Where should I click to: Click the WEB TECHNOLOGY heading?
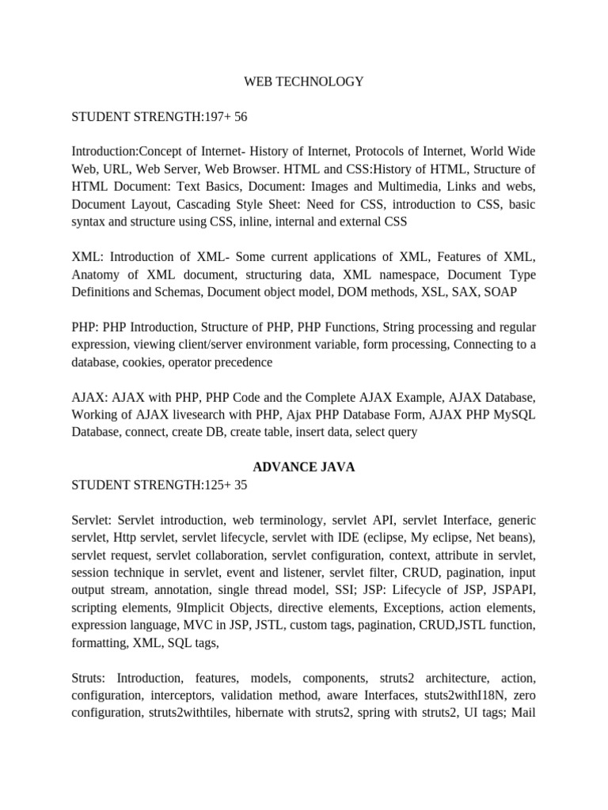click(x=303, y=81)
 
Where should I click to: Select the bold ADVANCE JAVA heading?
click(x=303, y=467)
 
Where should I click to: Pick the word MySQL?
click(x=512, y=414)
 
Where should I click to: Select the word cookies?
click(x=154, y=361)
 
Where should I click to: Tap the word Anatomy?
click(x=97, y=274)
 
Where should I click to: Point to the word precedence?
click(x=238, y=361)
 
